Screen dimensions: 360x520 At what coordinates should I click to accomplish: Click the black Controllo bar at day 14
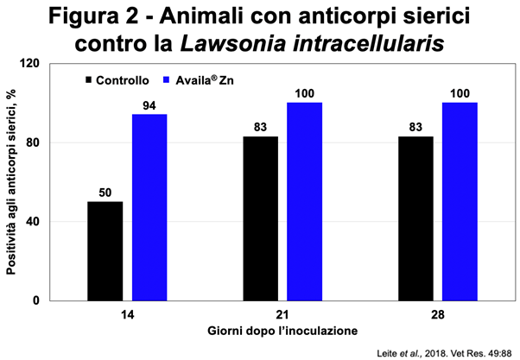pos(105,251)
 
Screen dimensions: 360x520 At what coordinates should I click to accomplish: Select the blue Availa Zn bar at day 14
pos(149,207)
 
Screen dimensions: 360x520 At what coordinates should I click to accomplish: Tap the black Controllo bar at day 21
pos(260,218)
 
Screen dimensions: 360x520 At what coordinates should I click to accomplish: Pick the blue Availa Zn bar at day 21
pos(304,201)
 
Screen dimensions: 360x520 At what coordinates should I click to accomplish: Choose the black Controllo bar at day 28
pos(415,218)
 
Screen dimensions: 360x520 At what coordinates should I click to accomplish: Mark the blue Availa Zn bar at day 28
pos(459,201)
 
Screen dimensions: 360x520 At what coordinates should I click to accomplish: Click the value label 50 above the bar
pos(105,193)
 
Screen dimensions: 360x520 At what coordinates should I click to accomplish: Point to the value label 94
pos(149,105)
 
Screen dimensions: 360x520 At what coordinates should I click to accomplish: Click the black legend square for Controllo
pos(90,79)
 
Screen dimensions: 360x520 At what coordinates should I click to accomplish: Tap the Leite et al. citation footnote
pos(447,351)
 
